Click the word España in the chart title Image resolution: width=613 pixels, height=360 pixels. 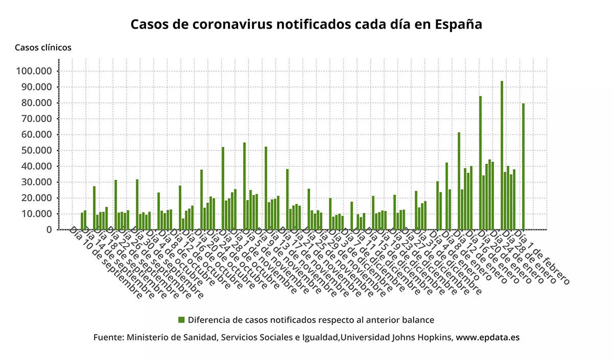point(459,25)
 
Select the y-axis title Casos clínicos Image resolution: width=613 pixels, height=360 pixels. point(43,47)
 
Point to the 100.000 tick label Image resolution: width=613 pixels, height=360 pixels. point(34,71)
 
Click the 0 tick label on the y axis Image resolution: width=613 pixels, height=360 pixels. point(49,229)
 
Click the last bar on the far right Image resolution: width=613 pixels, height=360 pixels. point(523,166)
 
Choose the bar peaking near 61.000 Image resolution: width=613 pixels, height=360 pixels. point(459,181)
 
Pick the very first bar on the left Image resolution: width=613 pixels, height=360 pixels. point(82,221)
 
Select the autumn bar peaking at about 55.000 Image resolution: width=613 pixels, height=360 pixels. point(244,186)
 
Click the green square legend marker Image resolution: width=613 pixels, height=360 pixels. point(181,320)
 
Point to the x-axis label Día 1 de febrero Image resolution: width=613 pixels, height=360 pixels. point(541,258)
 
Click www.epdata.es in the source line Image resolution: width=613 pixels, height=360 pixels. point(488,338)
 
